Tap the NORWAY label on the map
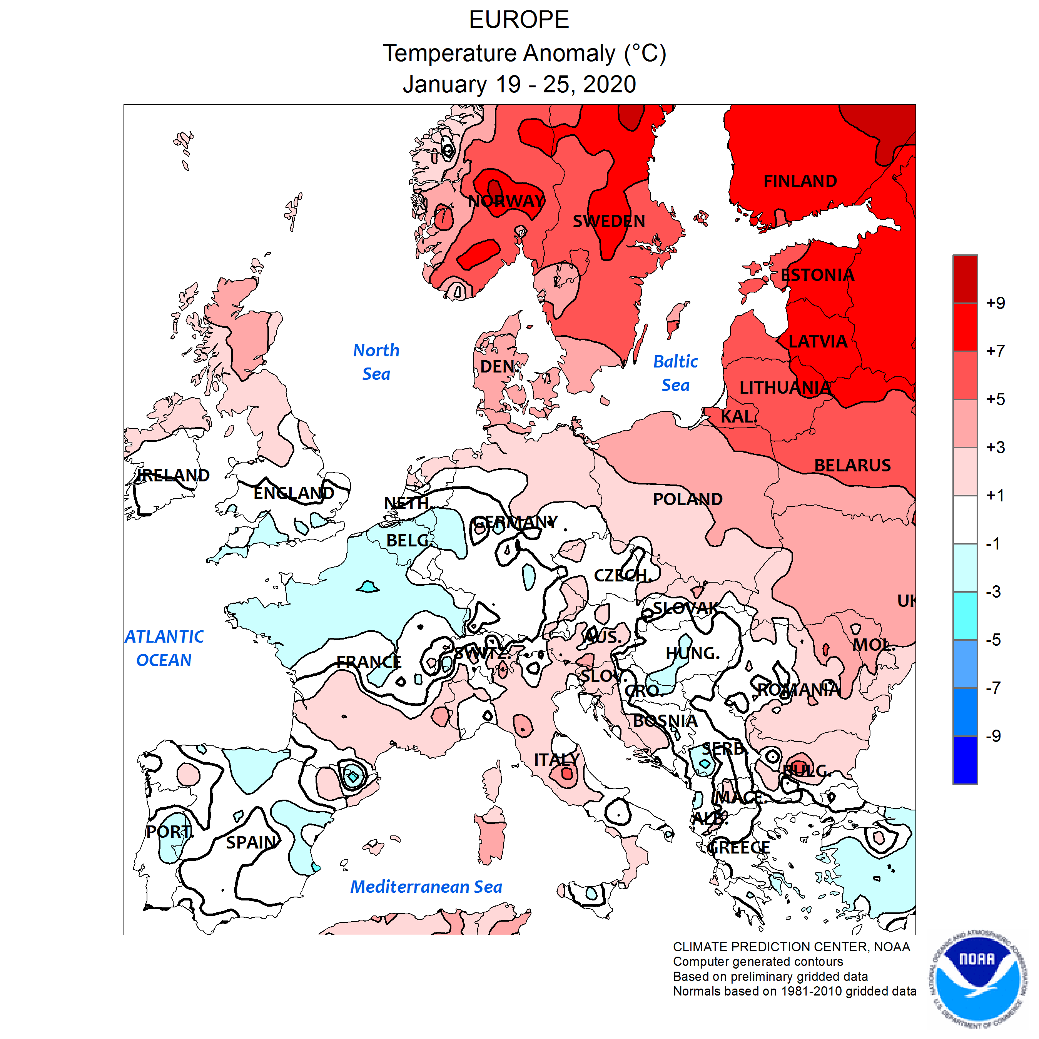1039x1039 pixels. tap(506, 201)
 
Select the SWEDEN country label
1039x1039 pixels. tap(608, 221)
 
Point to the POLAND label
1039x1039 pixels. tap(687, 499)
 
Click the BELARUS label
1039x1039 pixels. tap(852, 465)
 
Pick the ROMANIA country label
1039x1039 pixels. tap(798, 690)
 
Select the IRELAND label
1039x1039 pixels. tap(173, 475)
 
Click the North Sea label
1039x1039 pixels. tap(376, 362)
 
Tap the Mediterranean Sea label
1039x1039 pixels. tap(426, 887)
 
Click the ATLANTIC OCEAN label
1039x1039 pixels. tap(164, 648)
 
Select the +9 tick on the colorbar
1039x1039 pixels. tap(995, 303)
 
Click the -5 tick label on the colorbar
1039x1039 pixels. tap(993, 640)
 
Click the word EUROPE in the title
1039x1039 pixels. tap(519, 20)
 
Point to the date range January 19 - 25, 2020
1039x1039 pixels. tap(519, 84)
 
